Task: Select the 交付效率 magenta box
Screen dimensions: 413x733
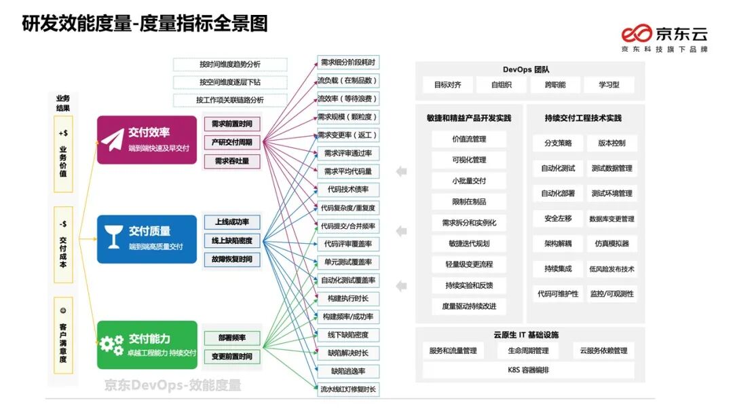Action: (147, 139)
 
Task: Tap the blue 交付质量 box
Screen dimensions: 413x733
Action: (147, 239)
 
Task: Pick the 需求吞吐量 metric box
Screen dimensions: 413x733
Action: (233, 161)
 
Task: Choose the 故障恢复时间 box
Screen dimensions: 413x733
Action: (233, 259)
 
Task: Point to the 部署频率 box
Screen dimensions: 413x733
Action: (233, 338)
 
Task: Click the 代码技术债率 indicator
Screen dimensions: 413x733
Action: (348, 190)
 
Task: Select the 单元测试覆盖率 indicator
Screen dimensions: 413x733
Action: (348, 262)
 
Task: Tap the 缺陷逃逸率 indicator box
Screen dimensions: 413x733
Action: (348, 371)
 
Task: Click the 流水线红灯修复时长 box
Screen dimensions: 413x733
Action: (348, 389)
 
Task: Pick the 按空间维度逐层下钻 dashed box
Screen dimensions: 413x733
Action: (230, 82)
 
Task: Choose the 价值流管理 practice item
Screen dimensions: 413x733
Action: (469, 139)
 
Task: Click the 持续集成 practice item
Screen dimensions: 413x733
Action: (558, 268)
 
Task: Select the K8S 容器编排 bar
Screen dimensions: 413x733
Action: (528, 370)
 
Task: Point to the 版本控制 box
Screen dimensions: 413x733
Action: (612, 143)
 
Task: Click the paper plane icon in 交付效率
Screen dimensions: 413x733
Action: (113, 139)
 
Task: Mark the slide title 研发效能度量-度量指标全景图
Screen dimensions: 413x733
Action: (145, 24)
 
